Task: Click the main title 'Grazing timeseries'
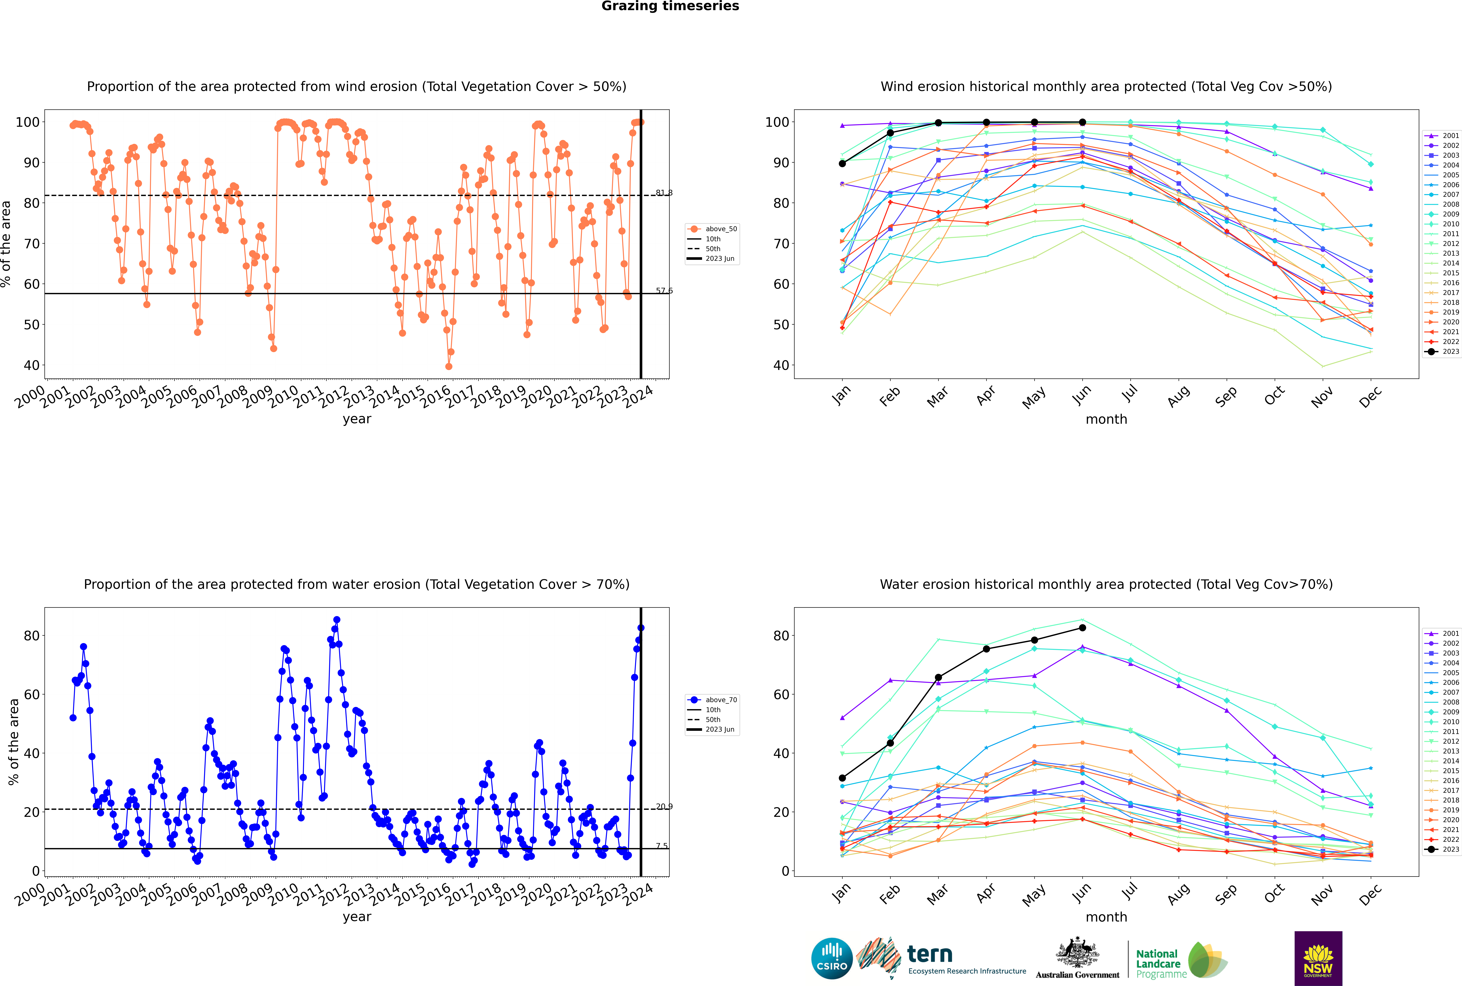670,6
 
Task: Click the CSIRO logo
832,958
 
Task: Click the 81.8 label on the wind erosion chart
664,192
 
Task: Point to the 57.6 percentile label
664,291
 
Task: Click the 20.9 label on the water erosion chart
664,806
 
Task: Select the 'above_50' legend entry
712,229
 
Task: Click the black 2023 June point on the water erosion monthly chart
1082,628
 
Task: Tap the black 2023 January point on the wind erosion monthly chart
842,164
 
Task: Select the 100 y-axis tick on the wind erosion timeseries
28,122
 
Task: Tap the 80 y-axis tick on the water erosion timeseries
31,636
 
